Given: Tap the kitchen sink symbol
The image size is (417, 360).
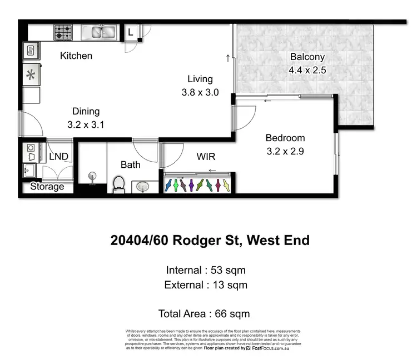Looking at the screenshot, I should pyautogui.click(x=99, y=32).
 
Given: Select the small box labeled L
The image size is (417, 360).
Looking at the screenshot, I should pyautogui.click(x=130, y=32).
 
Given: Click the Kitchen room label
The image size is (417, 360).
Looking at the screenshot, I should pyautogui.click(x=76, y=56).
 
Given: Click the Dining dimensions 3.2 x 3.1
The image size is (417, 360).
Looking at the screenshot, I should pyautogui.click(x=86, y=125).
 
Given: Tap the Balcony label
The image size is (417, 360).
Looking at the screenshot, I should pyautogui.click(x=307, y=57).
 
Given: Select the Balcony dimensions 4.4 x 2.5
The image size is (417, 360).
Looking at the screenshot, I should pyautogui.click(x=307, y=71).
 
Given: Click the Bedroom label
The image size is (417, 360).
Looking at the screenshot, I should pyautogui.click(x=285, y=138).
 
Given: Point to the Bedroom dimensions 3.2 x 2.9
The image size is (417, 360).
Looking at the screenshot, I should pyautogui.click(x=285, y=151).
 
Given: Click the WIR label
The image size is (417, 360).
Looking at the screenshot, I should pyautogui.click(x=206, y=157).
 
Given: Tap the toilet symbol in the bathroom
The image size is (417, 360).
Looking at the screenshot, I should pyautogui.click(x=118, y=183).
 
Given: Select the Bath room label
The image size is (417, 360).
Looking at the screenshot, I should pyautogui.click(x=131, y=164).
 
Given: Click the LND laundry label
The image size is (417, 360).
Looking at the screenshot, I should pyautogui.click(x=59, y=157).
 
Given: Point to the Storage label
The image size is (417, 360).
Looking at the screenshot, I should pyautogui.click(x=47, y=187).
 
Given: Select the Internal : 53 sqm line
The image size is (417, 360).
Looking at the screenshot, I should pyautogui.click(x=206, y=271).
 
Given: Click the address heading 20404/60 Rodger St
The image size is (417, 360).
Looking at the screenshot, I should pyautogui.click(x=210, y=241).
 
